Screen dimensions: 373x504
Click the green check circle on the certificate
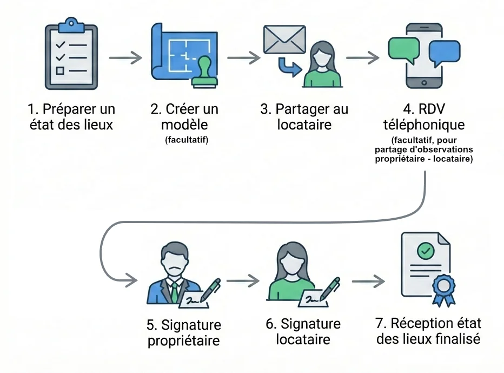tap(426, 251)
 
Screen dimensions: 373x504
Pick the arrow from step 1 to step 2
tap(125, 57)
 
